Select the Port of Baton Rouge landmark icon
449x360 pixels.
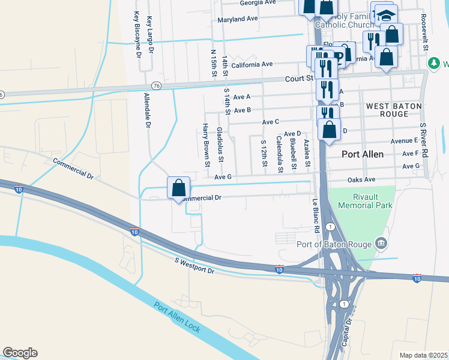click(380, 243)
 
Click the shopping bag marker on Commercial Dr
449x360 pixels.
click(178, 188)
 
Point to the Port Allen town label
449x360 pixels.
click(363, 154)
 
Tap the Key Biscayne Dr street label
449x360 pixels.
click(137, 34)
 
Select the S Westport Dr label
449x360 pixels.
click(194, 266)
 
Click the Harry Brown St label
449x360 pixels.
click(206, 145)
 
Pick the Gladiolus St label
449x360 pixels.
click(220, 145)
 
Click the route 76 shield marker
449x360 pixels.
click(156, 85)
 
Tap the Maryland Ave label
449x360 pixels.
click(237, 19)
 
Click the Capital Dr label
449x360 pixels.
click(347, 333)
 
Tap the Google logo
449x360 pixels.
click(20, 353)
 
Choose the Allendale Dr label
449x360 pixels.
click(147, 110)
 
